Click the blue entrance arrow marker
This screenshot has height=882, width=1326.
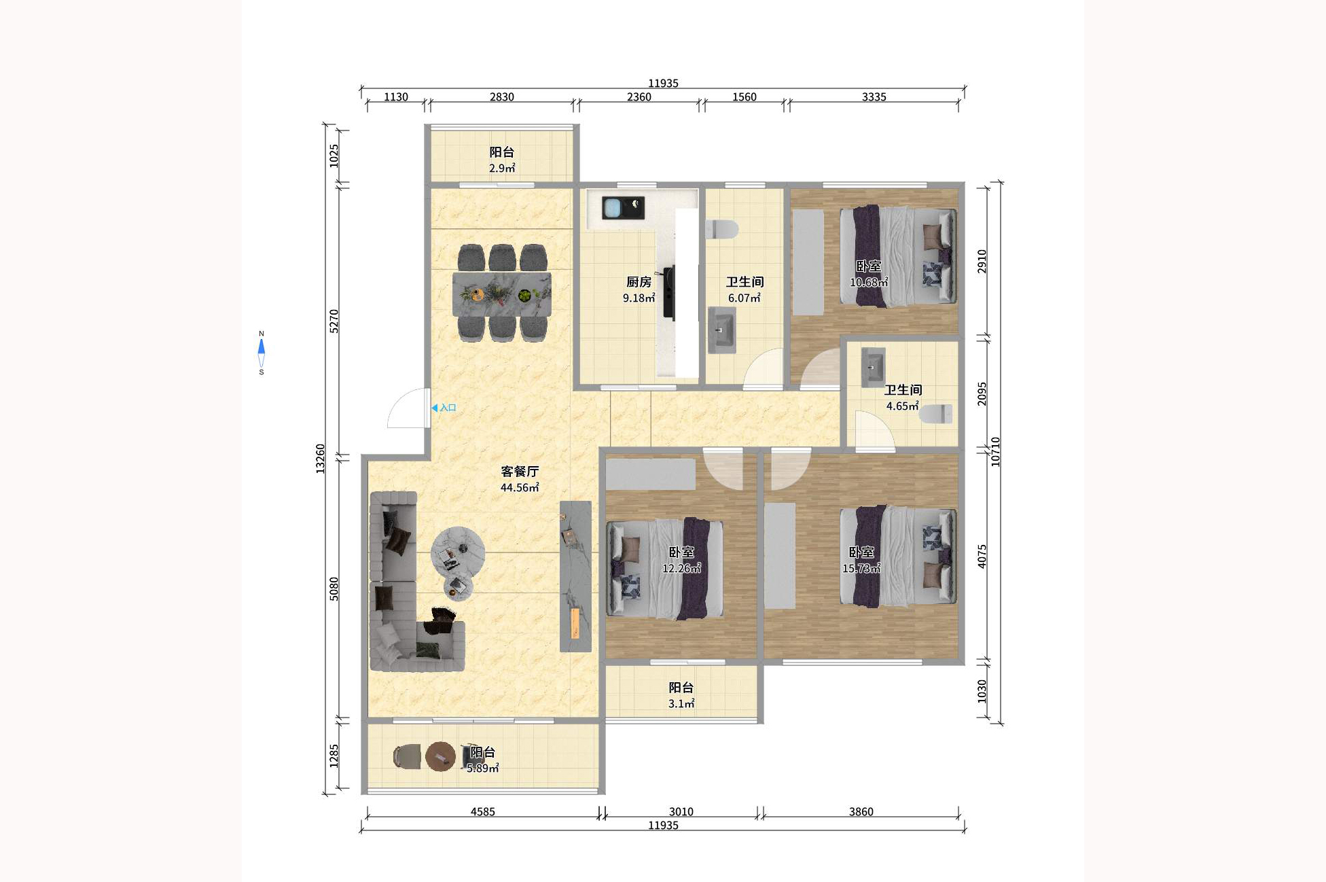tap(435, 408)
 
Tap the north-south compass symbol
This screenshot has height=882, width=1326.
tap(262, 353)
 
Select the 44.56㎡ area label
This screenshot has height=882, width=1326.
tap(520, 488)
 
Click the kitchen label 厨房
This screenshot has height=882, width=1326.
tap(639, 281)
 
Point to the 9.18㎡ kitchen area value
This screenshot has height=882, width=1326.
tap(639, 298)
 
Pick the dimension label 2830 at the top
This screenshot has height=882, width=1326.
tap(502, 97)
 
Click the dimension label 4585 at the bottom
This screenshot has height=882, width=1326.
tap(483, 811)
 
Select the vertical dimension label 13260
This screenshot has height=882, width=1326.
tap(321, 459)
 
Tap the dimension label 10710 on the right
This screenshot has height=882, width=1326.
tap(995, 452)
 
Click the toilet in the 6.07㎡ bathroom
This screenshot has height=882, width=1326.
tap(721, 229)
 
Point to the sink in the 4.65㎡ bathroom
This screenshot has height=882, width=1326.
tap(873, 368)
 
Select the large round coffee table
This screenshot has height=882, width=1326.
tap(458, 552)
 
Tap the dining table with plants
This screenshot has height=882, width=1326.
tap(502, 294)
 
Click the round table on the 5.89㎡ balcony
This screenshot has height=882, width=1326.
tap(440, 756)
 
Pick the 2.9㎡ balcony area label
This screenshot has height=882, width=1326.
tap(502, 169)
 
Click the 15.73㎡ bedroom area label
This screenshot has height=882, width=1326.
tap(861, 568)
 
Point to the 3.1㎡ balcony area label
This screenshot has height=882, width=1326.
tap(681, 704)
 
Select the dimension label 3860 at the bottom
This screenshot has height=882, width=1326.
tap(861, 811)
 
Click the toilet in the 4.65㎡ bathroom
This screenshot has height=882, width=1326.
tap(936, 414)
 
